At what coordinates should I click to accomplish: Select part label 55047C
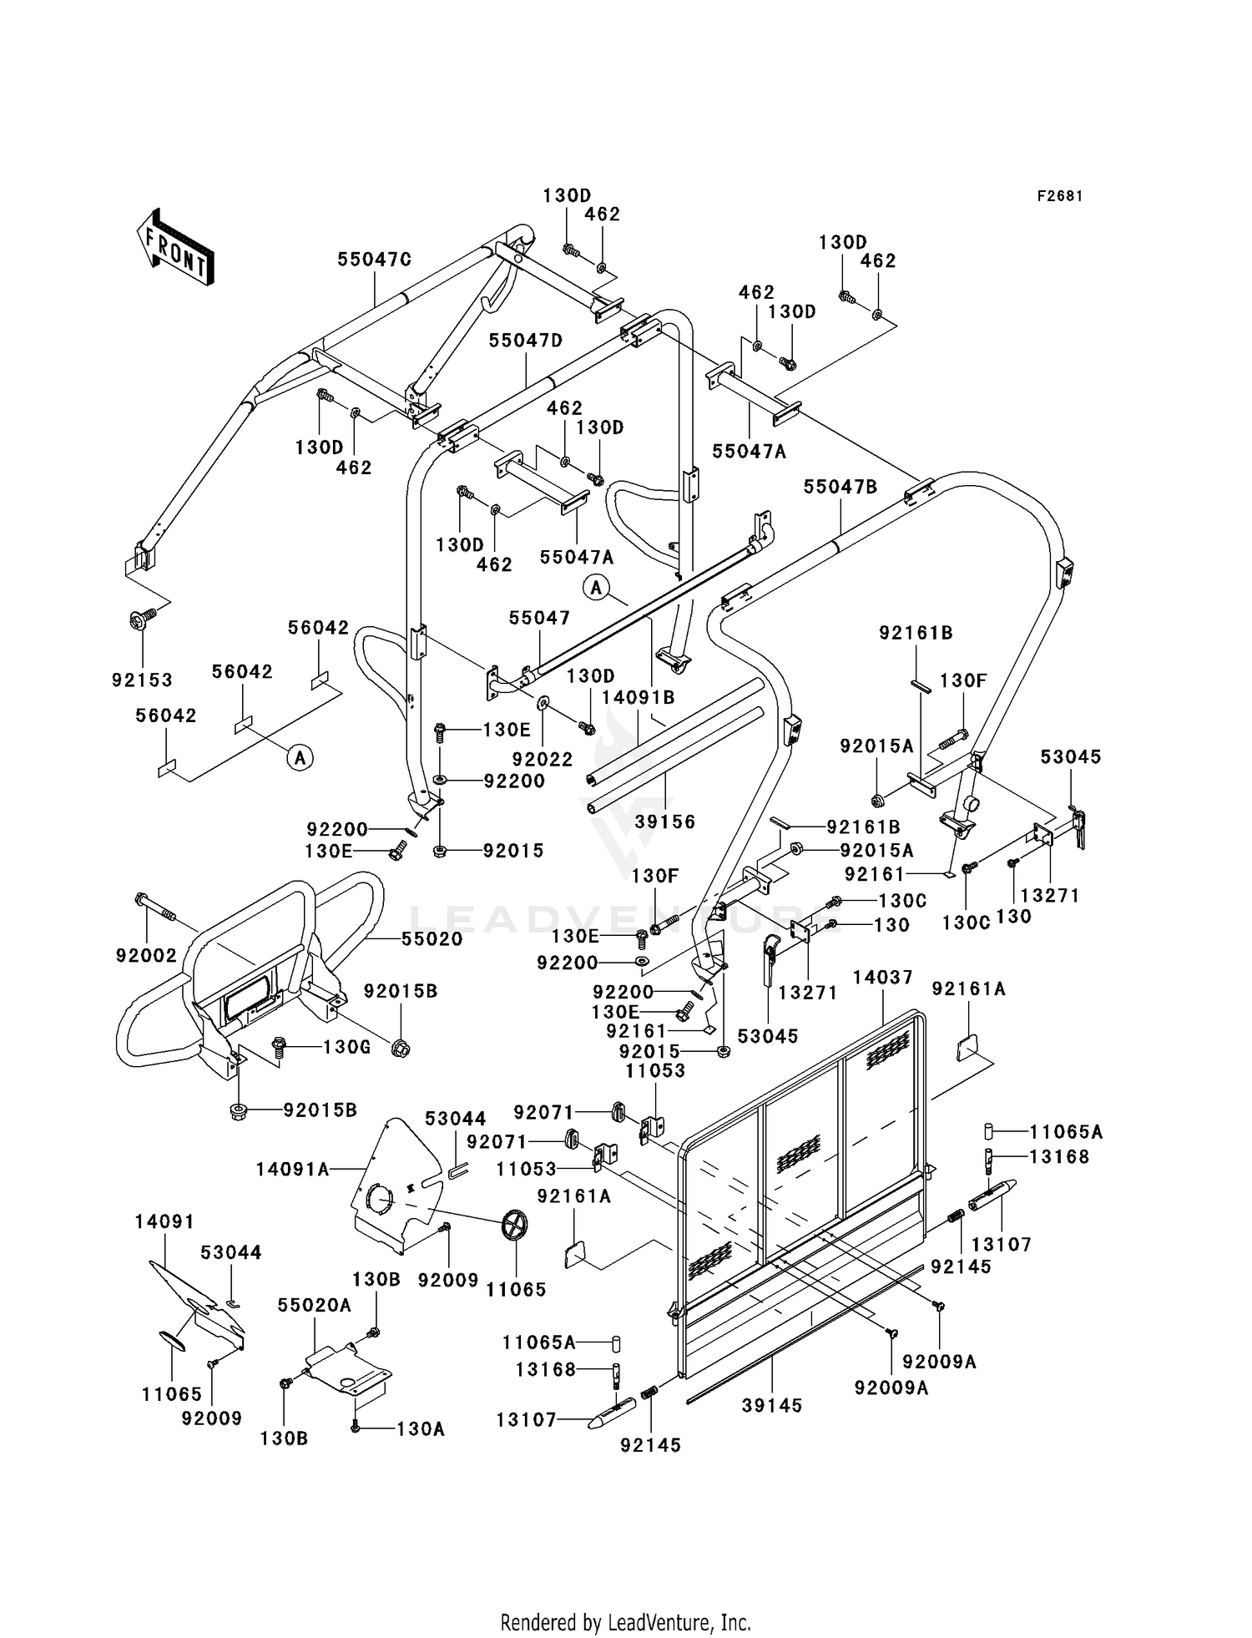(x=375, y=260)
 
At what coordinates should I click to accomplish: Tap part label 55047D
(x=526, y=341)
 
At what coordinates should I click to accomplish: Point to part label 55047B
(x=841, y=487)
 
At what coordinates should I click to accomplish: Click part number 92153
(x=143, y=680)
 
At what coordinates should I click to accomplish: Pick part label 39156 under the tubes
(x=665, y=822)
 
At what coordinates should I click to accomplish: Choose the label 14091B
(x=639, y=695)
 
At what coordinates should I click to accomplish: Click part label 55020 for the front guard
(x=432, y=939)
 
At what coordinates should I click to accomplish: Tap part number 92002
(x=147, y=955)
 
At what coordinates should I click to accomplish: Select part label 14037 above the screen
(x=883, y=977)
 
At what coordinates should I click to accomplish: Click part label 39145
(x=772, y=1406)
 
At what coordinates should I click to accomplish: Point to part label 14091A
(x=293, y=1170)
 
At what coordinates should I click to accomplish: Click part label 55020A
(x=315, y=1305)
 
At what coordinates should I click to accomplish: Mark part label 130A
(x=421, y=1429)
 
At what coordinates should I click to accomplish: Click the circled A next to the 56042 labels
(x=300, y=758)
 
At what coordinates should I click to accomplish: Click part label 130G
(x=346, y=1046)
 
